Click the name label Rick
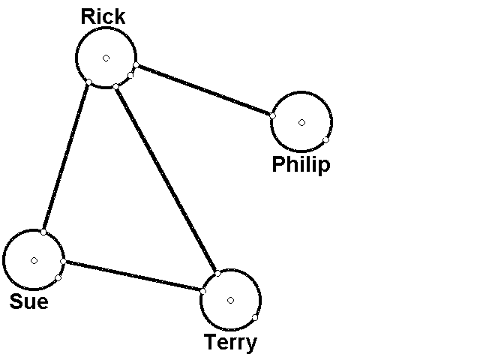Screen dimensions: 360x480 103,16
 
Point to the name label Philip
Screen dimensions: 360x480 301,164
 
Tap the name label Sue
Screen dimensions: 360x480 28,301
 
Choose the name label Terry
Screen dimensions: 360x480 230,343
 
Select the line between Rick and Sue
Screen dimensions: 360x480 66,157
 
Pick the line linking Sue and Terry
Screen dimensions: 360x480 133,275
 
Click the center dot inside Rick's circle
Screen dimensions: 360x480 106,58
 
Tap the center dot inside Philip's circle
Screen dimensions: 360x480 301,122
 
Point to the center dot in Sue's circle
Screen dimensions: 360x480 34,260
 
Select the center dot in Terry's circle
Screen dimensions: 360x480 230,300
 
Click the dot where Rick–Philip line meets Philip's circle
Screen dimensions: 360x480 272,116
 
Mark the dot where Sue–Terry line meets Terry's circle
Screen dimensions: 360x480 203,290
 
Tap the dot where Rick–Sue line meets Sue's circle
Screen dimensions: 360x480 43,232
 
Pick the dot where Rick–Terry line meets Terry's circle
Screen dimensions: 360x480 216,273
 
